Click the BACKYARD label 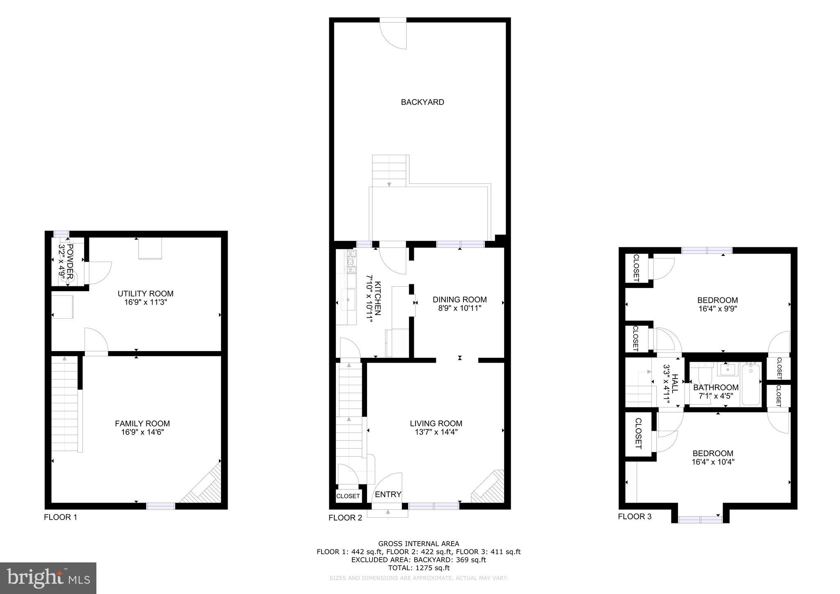click(x=422, y=102)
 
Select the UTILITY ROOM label click(x=145, y=294)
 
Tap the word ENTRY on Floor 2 click(x=388, y=494)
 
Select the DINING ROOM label click(x=459, y=299)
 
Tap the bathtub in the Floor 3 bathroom click(x=751, y=384)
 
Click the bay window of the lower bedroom click(x=700, y=520)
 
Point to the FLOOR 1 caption click(x=60, y=517)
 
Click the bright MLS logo click(x=48, y=578)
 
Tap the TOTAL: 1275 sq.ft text click(x=418, y=568)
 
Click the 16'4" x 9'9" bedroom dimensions click(x=718, y=309)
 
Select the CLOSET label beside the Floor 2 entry click(x=348, y=496)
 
